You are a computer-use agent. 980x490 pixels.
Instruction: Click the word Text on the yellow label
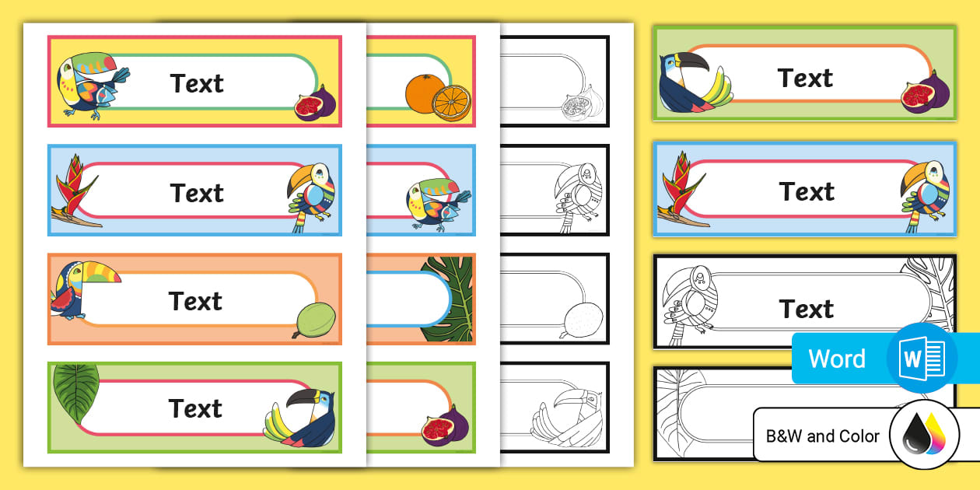(x=197, y=83)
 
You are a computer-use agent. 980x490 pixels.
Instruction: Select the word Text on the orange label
(x=195, y=300)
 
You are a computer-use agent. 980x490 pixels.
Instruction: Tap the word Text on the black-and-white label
(x=807, y=309)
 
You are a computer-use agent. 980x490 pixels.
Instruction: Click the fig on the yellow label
(x=314, y=103)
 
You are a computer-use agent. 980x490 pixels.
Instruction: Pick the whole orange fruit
(x=423, y=93)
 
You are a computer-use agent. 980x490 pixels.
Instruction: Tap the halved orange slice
(x=451, y=103)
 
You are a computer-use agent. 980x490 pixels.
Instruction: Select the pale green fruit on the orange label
(x=315, y=320)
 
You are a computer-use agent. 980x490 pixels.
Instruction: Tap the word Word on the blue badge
(x=836, y=359)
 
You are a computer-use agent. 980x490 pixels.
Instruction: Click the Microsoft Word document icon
(x=921, y=359)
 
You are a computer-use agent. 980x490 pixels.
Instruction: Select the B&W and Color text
(x=823, y=436)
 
